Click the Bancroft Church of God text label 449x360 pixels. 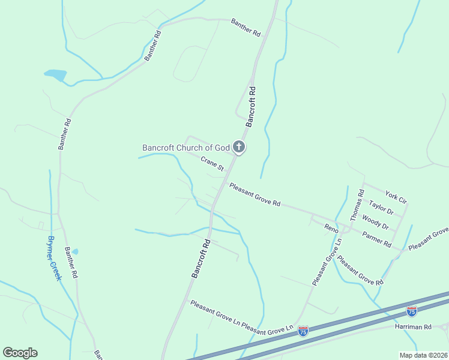[186, 148]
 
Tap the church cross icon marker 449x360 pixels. [239, 147]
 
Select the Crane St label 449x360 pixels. [212, 163]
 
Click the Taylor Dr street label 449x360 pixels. [381, 208]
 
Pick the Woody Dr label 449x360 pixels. [376, 223]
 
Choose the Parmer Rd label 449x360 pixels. [377, 239]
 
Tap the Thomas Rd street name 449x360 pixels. [357, 205]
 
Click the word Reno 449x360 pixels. [331, 228]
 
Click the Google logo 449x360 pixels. [20, 353]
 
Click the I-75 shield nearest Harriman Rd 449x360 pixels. [411, 311]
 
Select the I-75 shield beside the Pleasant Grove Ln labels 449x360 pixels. [303, 331]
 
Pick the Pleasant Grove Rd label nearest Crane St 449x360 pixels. [255, 195]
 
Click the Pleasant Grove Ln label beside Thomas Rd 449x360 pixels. [327, 263]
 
